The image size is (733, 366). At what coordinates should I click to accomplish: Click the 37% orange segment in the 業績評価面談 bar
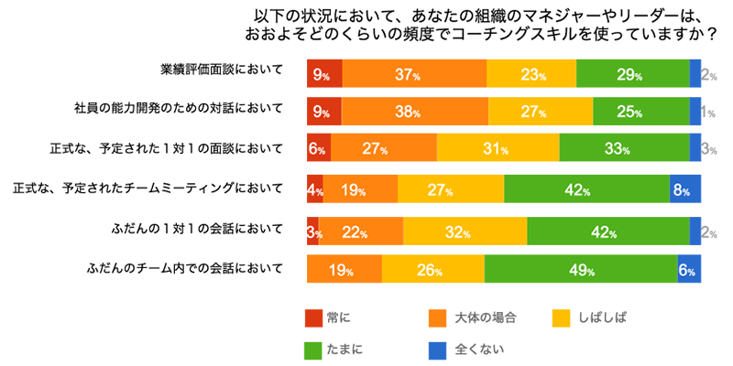tap(414, 72)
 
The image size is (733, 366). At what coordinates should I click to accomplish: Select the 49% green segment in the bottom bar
tap(581, 269)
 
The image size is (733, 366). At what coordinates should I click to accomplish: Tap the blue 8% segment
tap(685, 189)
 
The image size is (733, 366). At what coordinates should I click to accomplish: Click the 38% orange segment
tap(414, 111)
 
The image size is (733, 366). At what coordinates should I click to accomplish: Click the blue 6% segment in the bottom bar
tap(689, 269)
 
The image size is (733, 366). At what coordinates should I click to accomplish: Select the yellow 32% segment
tap(465, 231)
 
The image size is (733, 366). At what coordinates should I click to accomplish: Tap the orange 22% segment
tap(361, 231)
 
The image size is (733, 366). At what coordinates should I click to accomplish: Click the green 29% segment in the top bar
tap(632, 72)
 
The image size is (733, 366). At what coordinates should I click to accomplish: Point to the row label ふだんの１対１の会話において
tap(196, 229)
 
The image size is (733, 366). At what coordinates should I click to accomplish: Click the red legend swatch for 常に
tap(314, 318)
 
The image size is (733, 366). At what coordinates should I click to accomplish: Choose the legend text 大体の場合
tap(486, 318)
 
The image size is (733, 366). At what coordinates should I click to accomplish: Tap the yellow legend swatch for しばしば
tap(561, 318)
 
